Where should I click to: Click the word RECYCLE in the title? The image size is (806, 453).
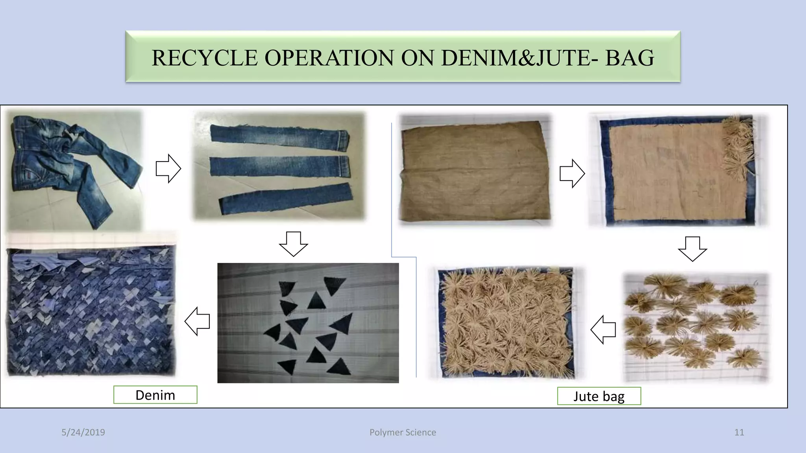point(204,58)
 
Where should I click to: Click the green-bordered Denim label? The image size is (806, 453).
point(155,395)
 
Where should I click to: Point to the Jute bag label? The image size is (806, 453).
point(599,396)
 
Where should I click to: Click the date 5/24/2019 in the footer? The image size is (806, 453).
point(83,432)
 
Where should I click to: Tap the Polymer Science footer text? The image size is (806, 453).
point(403,432)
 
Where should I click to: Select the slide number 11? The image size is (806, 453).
point(739,432)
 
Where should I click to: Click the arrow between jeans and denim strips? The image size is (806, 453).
point(168,168)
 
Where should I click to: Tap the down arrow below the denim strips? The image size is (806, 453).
point(293,244)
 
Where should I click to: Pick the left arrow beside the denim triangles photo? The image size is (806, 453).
point(197,321)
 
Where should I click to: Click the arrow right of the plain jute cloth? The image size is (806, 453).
point(572,173)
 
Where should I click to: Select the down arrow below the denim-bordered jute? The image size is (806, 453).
point(692,249)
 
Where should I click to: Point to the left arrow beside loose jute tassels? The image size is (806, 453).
point(603,329)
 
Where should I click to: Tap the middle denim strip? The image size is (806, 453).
point(279,166)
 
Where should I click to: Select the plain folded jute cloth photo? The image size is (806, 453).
point(475,170)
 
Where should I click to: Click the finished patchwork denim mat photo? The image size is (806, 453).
point(91,311)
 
